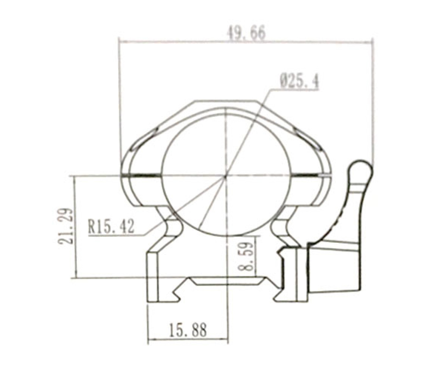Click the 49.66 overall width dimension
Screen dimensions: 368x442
(246, 33)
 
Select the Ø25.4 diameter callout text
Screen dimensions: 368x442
(299, 82)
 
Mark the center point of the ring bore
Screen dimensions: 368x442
(225, 176)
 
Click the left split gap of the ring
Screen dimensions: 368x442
(142, 175)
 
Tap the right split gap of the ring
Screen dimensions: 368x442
(309, 176)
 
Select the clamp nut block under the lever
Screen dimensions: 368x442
(335, 270)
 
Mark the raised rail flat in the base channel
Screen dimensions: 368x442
(225, 281)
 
